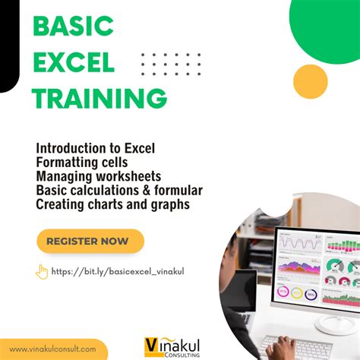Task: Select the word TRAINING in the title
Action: (100, 97)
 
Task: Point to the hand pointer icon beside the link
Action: (42, 271)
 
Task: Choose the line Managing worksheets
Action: (98, 176)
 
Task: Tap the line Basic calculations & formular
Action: (118, 190)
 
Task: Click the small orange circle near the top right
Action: (310, 82)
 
